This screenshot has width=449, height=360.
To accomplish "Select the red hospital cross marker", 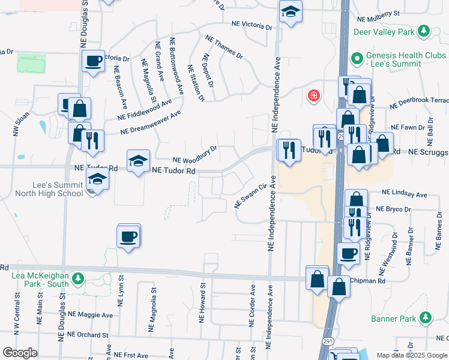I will [x=313, y=96].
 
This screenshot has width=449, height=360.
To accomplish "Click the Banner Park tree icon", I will [x=426, y=317].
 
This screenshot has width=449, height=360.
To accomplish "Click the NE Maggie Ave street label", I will [x=90, y=314].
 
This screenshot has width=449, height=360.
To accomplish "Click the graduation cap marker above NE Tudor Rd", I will [x=138, y=160].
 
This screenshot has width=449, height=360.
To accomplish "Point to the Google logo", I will [x=20, y=353].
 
